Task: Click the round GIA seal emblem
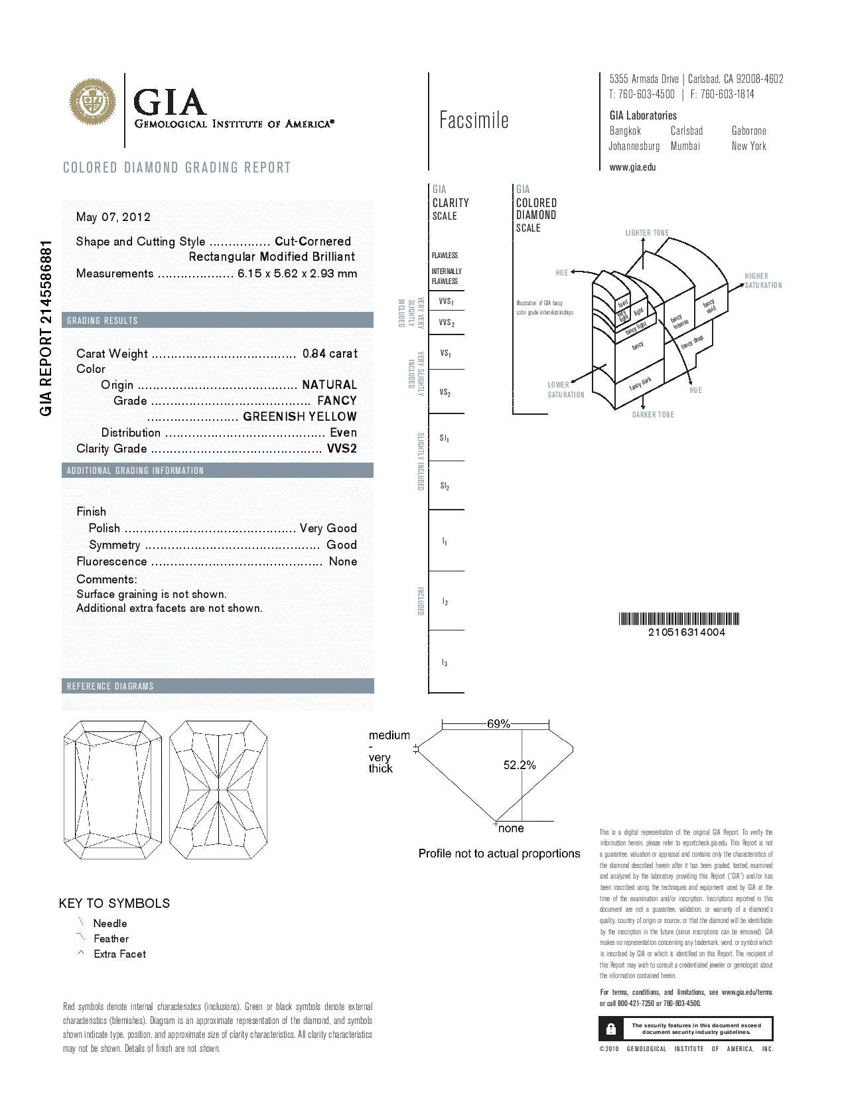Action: (x=93, y=102)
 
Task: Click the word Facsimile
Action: (x=474, y=120)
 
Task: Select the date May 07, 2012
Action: (x=113, y=217)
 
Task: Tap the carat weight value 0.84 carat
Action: (x=330, y=354)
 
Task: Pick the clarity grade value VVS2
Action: (x=342, y=449)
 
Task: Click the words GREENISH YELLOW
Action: (x=300, y=417)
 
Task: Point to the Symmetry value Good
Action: (x=342, y=545)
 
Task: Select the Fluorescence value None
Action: (x=343, y=561)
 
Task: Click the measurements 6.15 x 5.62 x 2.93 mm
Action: (x=297, y=273)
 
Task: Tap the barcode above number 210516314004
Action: (x=679, y=619)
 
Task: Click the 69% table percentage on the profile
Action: (x=498, y=724)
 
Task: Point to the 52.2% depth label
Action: (x=520, y=765)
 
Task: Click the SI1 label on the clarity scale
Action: (x=445, y=438)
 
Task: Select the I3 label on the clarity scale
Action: (x=445, y=662)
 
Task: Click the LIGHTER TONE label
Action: (x=647, y=233)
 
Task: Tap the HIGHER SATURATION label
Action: (x=762, y=281)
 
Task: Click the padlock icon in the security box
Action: (x=610, y=1029)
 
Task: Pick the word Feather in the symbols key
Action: (x=111, y=938)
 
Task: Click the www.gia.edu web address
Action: (x=632, y=167)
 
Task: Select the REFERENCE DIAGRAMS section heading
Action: (x=110, y=686)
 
